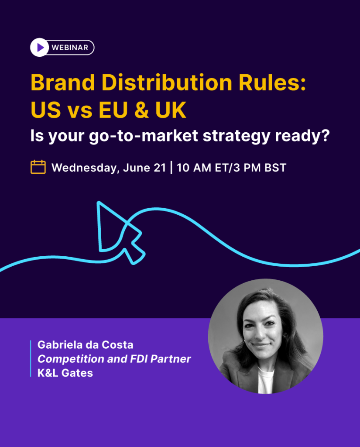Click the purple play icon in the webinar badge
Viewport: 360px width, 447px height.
pyautogui.click(x=40, y=47)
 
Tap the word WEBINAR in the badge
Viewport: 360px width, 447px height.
pyautogui.click(x=70, y=47)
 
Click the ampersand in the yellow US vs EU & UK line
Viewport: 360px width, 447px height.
pyautogui.click(x=140, y=110)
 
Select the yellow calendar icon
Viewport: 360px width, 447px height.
pyautogui.click(x=38, y=167)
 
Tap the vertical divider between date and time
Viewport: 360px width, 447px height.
pyautogui.click(x=171, y=168)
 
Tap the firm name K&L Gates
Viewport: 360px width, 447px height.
pyautogui.click(x=65, y=373)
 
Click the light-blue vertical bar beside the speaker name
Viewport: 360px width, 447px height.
pyautogui.click(x=31, y=358)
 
